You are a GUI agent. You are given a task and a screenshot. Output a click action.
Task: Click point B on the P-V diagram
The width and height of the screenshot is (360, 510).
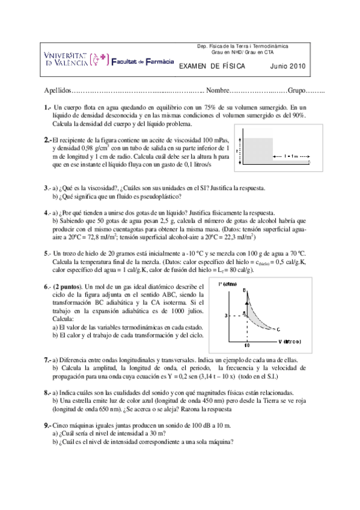pos(244,291)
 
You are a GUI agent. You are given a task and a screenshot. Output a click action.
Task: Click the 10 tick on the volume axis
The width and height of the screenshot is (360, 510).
pos(246,345)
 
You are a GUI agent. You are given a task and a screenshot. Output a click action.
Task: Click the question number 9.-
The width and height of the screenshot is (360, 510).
pos(47,425)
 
